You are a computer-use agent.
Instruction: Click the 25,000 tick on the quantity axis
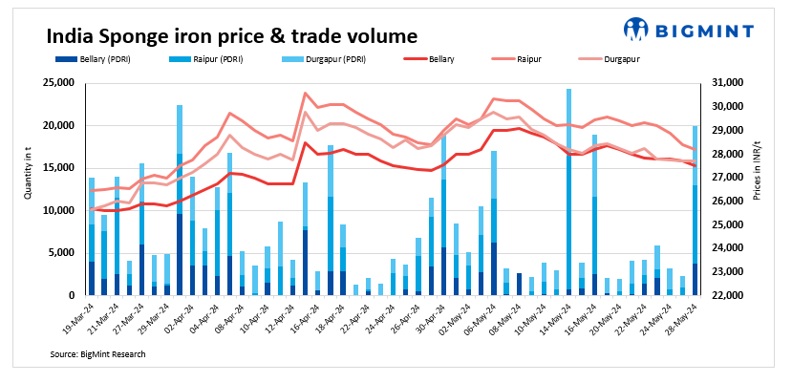tap(54, 83)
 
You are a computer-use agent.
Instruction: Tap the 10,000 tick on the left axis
tap(54, 210)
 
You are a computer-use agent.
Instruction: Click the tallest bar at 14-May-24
tap(568, 191)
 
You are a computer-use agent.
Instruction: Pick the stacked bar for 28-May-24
tap(695, 210)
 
